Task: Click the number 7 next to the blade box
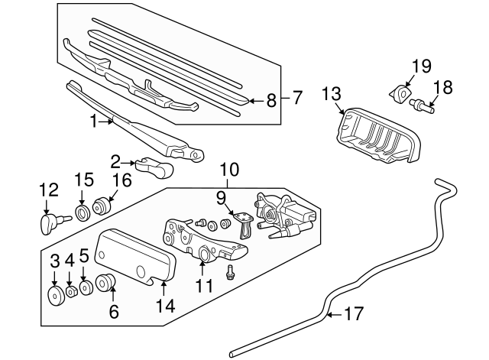pos(297,98)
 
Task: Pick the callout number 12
pos(48,190)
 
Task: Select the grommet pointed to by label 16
pos(101,206)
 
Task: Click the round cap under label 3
pos(56,297)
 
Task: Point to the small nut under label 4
pos(70,291)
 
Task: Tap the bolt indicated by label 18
pos(421,105)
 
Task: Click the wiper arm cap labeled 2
pos(153,164)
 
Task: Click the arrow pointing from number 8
pos(254,99)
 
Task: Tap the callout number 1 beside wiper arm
pos(94,121)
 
